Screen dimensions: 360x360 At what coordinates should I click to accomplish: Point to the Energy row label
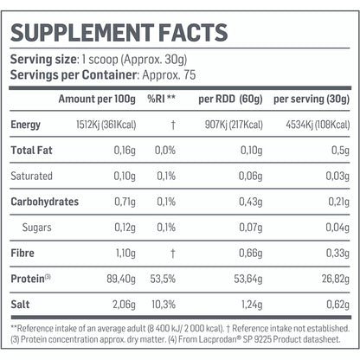25,125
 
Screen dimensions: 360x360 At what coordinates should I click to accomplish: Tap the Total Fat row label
30,151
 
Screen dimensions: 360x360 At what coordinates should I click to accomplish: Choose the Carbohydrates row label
44,202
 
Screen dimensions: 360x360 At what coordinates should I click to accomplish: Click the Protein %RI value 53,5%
161,277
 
